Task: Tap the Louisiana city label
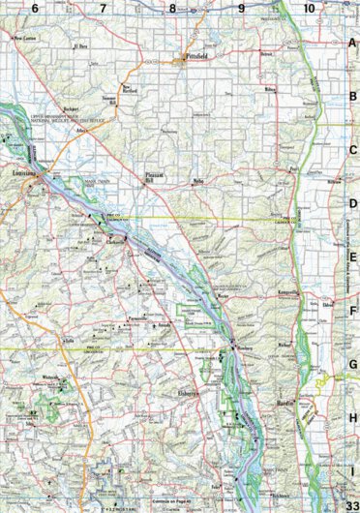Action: pos(25,173)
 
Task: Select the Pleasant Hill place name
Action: pos(155,178)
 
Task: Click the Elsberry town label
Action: pos(188,393)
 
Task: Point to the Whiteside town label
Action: pos(51,374)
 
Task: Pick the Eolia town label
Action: pos(42,341)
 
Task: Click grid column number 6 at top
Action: pos(35,9)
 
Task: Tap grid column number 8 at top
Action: pos(172,9)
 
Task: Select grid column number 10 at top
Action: pos(308,9)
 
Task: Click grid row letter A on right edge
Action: pos(353,45)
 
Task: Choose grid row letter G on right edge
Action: pos(353,365)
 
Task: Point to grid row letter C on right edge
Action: pos(353,150)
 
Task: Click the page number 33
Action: pos(350,496)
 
